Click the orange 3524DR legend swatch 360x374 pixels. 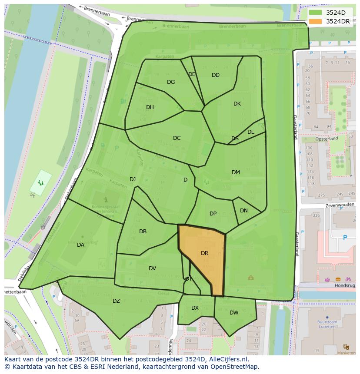point(316,21)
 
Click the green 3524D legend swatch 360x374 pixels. point(316,13)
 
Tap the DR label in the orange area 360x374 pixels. point(204,253)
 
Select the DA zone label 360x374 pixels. point(80,245)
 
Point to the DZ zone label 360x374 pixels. point(116,301)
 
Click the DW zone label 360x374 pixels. point(234,312)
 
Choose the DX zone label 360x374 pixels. point(195,308)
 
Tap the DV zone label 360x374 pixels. point(152,268)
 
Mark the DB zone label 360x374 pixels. point(143,232)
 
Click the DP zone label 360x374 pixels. point(213,214)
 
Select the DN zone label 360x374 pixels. point(244,211)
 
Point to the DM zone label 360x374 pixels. point(236,172)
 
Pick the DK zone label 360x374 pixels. point(237,104)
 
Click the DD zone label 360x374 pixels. point(216,75)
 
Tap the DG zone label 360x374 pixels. point(171,82)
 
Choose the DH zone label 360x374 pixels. point(150,107)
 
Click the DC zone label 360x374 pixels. point(177,138)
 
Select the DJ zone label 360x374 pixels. point(133,179)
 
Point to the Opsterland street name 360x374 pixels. point(327,139)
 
